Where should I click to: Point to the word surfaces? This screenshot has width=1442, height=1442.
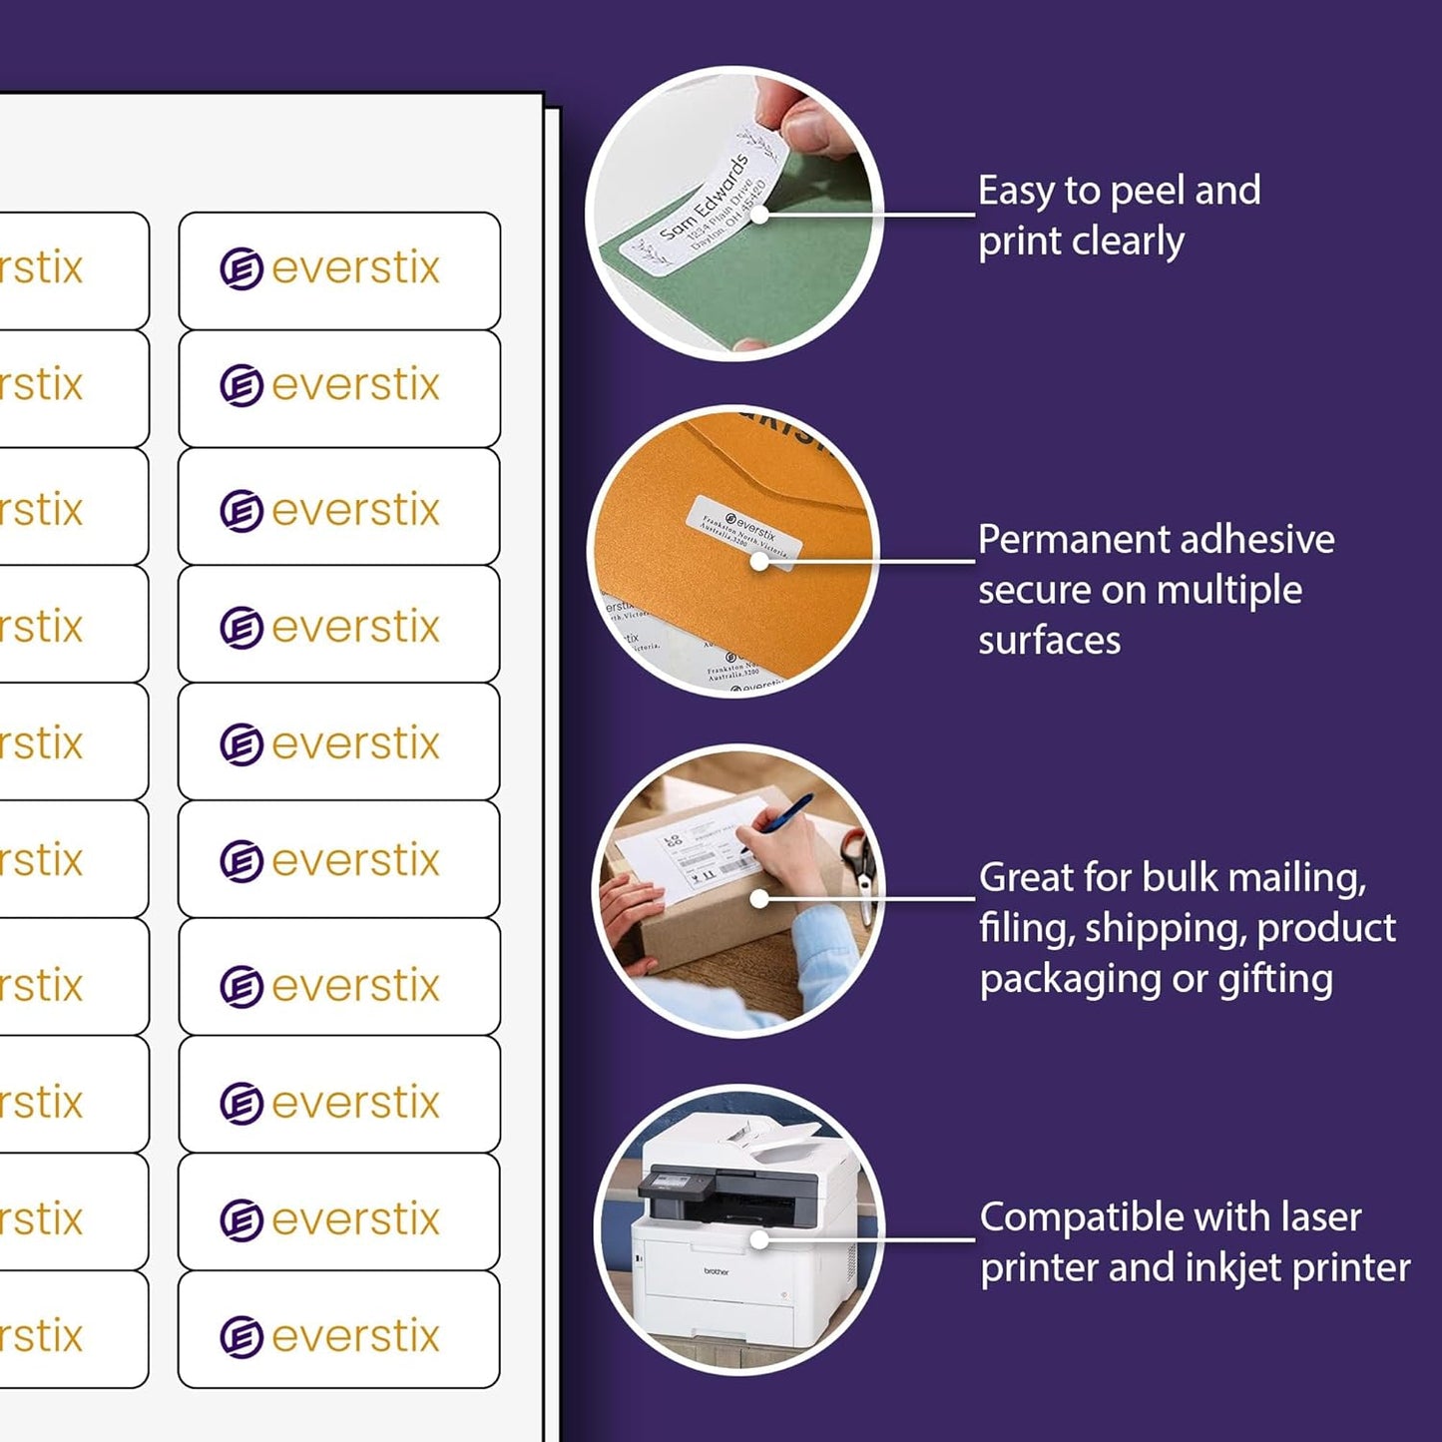tap(1049, 641)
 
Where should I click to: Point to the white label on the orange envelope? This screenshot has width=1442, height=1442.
tap(744, 531)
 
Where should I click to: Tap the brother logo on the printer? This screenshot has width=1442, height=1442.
tap(716, 1271)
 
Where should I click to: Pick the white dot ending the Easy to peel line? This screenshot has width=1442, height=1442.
tap(759, 215)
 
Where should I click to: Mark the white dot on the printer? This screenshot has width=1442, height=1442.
tap(759, 1239)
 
